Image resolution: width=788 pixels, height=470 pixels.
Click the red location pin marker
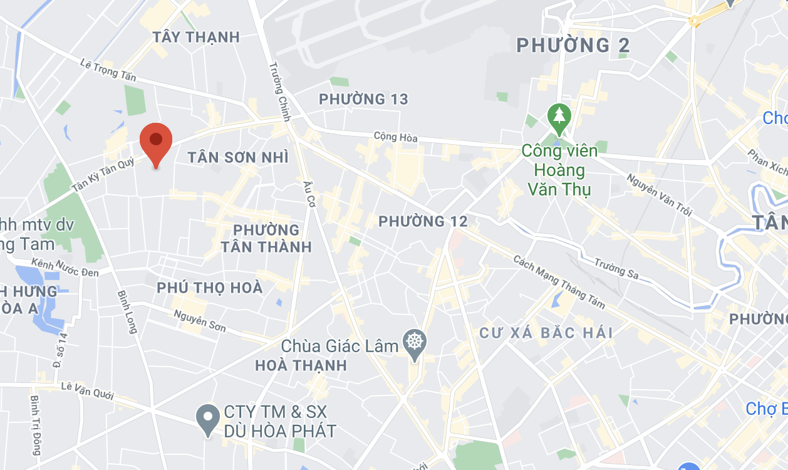tap(156, 142)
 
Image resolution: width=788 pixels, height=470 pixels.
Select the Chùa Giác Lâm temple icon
tap(414, 343)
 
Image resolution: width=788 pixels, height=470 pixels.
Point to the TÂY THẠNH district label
tap(196, 37)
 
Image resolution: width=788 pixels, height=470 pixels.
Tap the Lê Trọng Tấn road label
tap(108, 70)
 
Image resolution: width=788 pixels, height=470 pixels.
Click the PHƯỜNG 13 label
tap(363, 99)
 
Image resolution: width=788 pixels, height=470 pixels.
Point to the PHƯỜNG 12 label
tap(423, 221)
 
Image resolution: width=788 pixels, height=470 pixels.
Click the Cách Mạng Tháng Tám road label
tap(559, 282)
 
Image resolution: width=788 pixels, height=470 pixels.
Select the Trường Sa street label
tap(616, 268)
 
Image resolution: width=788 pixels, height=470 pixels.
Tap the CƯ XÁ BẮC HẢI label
tap(546, 333)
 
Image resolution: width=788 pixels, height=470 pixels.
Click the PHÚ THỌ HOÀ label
tap(209, 288)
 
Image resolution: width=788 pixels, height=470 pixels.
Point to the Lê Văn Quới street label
tap(88, 390)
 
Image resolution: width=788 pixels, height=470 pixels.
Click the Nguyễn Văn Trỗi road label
tap(659, 195)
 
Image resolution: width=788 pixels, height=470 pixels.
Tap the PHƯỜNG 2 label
tap(573, 45)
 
